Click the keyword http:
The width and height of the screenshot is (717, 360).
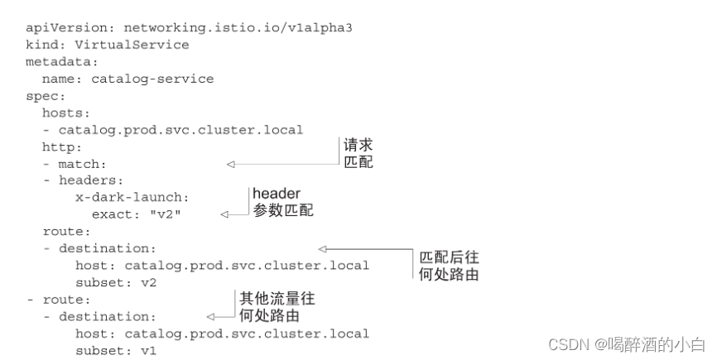(x=62, y=146)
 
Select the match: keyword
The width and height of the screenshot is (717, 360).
(x=82, y=164)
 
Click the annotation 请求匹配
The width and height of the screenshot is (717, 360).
(x=358, y=154)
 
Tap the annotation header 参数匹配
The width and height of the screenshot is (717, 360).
(x=282, y=202)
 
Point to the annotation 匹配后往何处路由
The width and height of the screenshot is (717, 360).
(x=449, y=265)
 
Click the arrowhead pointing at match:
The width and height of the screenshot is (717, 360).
(x=231, y=164)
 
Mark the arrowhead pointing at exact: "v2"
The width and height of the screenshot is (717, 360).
(x=224, y=214)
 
